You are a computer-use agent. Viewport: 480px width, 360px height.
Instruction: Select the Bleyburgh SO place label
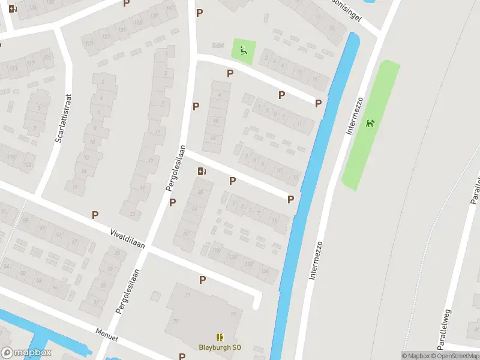pyautogui.click(x=220, y=347)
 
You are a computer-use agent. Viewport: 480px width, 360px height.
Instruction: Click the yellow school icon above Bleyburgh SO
pyautogui.click(x=220, y=337)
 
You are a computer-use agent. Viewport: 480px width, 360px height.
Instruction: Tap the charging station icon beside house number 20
pyautogui.click(x=202, y=172)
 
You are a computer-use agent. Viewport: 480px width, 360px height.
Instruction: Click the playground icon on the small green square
pyautogui.click(x=243, y=50)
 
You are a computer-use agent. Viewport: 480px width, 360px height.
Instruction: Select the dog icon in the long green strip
pyautogui.click(x=370, y=124)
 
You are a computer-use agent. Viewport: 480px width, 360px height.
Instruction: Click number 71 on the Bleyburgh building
pyautogui.click(x=187, y=296)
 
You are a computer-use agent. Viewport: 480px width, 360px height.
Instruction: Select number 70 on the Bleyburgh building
pyautogui.click(x=176, y=321)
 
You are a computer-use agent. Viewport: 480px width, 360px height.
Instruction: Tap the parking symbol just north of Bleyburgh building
pyautogui.click(x=202, y=280)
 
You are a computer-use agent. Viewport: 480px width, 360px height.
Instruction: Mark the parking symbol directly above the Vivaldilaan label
pyautogui.click(x=95, y=215)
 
